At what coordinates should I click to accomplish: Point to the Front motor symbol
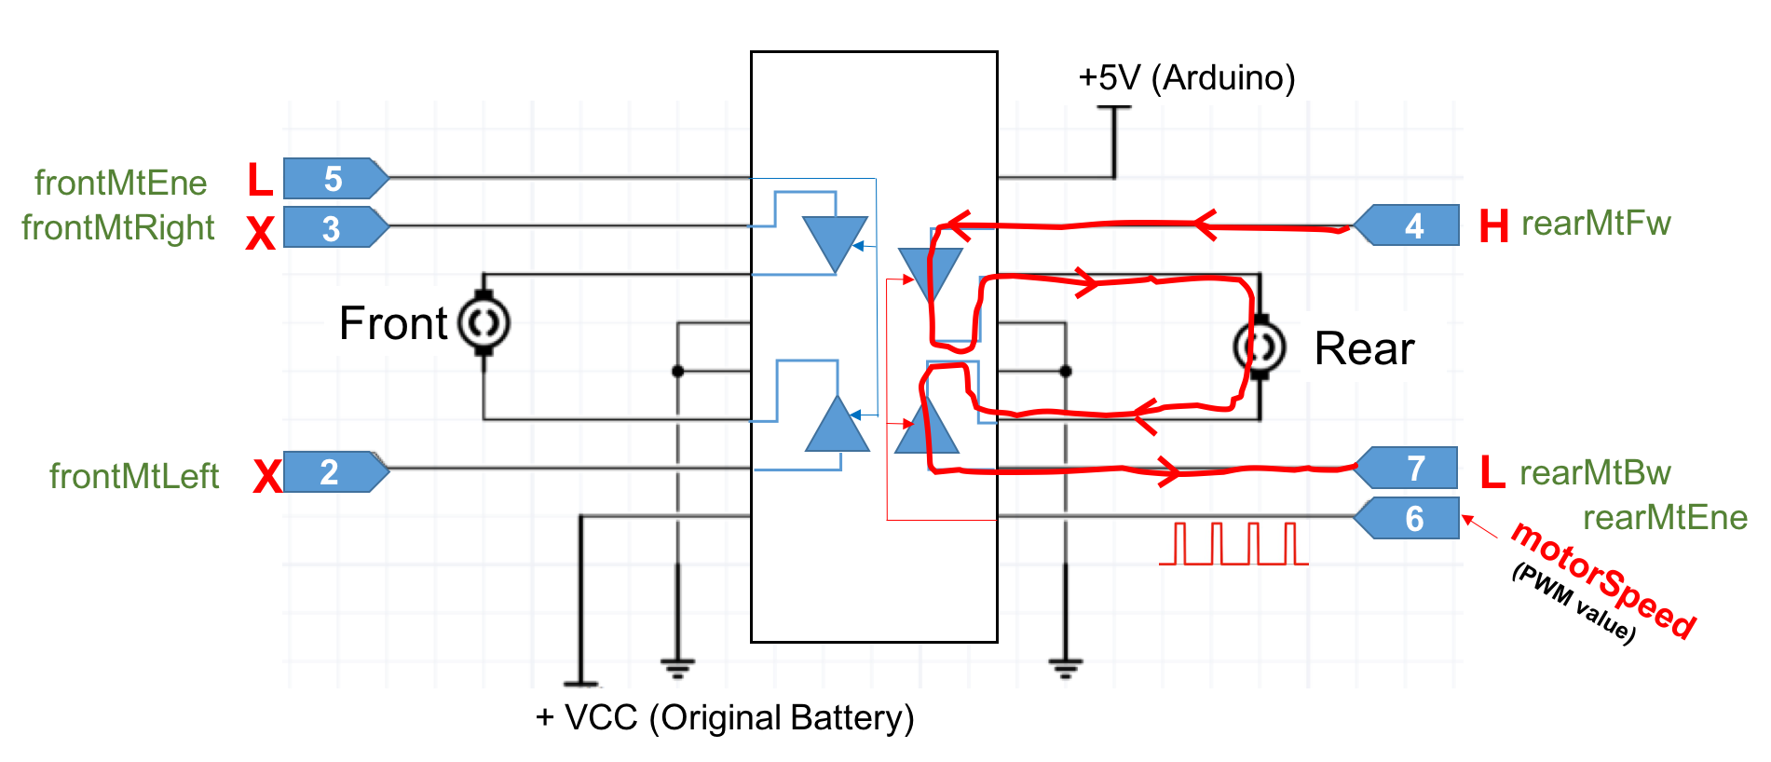484,323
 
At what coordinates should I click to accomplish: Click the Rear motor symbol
1260,347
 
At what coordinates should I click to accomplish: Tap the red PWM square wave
1233,544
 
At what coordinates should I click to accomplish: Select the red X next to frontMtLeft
267,476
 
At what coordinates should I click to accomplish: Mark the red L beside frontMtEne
260,179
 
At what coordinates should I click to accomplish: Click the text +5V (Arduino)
1186,77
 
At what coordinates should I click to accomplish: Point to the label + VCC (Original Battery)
725,717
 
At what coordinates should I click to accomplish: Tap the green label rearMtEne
1665,517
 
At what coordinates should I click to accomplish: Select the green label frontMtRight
118,227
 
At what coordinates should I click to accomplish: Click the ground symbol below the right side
1065,667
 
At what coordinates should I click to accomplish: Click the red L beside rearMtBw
1492,472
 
